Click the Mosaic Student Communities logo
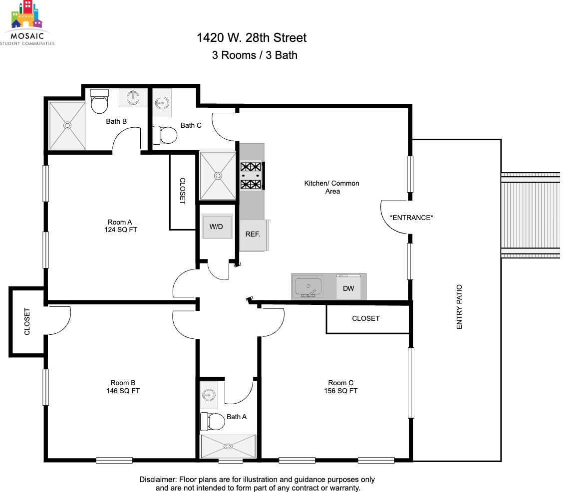(27, 23)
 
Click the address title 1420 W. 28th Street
(252, 38)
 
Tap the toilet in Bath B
(99, 101)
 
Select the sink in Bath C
(162, 103)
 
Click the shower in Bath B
(67, 125)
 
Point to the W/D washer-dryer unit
(217, 226)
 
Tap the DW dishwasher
(348, 287)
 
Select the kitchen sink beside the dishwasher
(308, 287)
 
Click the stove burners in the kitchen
(251, 176)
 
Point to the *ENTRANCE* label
(411, 218)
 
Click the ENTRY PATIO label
(459, 307)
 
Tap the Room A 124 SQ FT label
(120, 226)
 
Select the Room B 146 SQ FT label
(123, 387)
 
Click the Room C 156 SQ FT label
(341, 387)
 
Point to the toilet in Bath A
(213, 421)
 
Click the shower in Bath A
(228, 446)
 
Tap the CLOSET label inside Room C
(366, 318)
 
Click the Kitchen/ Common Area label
(332, 187)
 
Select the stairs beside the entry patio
(530, 215)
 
